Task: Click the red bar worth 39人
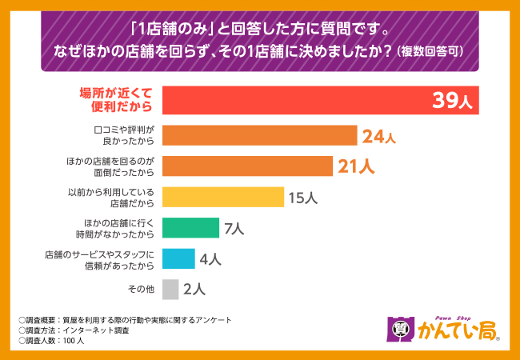pos(296,101)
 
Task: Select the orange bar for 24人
pos(259,135)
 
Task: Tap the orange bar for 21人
pos(247,166)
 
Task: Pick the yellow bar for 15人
pos(223,197)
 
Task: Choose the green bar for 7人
pos(190,228)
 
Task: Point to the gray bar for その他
pos(170,289)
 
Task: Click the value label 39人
pos(453,101)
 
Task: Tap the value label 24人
pos(378,136)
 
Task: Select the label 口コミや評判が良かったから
pos(123,135)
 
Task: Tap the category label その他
pos(141,290)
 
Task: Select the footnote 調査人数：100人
pos(58,340)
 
